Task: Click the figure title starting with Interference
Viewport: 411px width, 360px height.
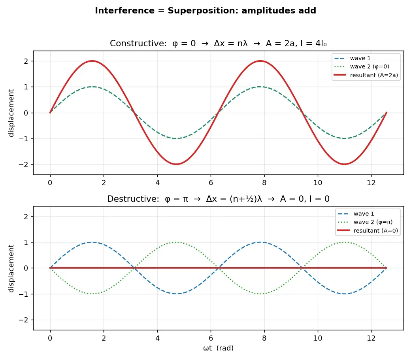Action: pyautogui.click(x=205, y=11)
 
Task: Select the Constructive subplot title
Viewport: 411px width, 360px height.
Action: pyautogui.click(x=218, y=43)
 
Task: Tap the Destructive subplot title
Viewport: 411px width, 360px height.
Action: pyautogui.click(x=218, y=199)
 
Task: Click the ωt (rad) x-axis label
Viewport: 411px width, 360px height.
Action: pyautogui.click(x=218, y=348)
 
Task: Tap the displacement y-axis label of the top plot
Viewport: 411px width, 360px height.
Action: pyautogui.click(x=11, y=113)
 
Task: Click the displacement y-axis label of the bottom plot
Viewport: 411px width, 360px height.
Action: pyautogui.click(x=11, y=268)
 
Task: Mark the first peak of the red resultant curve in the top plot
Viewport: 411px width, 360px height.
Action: pyautogui.click(x=92, y=61)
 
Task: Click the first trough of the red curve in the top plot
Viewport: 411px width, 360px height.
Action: pyautogui.click(x=176, y=164)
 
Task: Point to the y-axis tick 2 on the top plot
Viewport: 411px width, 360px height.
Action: pyautogui.click(x=26, y=61)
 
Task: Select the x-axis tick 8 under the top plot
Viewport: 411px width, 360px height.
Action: pyautogui.click(x=264, y=183)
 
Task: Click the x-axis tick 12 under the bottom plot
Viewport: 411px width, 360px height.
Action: pyautogui.click(x=371, y=338)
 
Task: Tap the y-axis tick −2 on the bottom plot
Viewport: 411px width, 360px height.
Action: pyautogui.click(x=23, y=320)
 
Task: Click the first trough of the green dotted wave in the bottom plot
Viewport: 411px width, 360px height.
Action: pyautogui.click(x=92, y=294)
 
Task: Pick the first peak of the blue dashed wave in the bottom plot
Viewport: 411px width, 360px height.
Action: pyautogui.click(x=92, y=242)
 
